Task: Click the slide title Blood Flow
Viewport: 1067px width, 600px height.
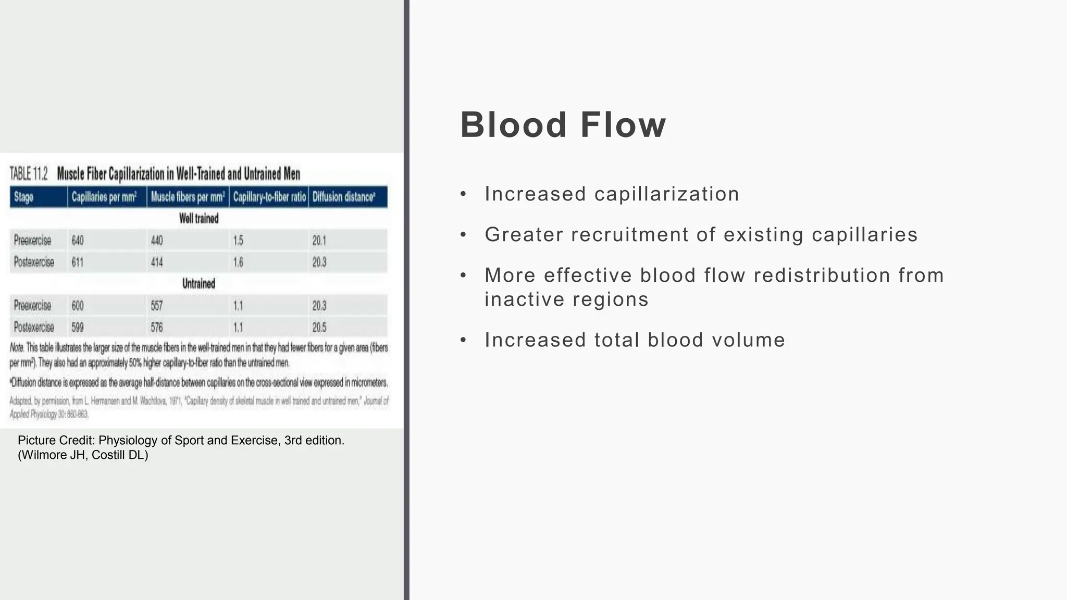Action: pyautogui.click(x=563, y=125)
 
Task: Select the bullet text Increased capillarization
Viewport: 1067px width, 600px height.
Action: pyautogui.click(x=612, y=194)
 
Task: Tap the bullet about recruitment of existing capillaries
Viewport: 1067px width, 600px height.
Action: pyautogui.click(x=701, y=235)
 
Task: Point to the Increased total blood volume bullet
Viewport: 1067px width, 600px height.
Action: pyautogui.click(x=635, y=340)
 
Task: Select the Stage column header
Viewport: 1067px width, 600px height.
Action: pyautogui.click(x=24, y=197)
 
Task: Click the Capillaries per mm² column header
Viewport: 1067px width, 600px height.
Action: pyautogui.click(x=104, y=197)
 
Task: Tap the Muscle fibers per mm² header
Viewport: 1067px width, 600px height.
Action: pyautogui.click(x=188, y=197)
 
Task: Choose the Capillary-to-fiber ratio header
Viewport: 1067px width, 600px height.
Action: pyautogui.click(x=269, y=197)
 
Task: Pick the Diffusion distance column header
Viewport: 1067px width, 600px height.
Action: pyautogui.click(x=344, y=197)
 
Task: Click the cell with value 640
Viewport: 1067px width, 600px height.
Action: pyautogui.click(x=78, y=241)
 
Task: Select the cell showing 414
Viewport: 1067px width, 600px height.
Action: pyautogui.click(x=157, y=262)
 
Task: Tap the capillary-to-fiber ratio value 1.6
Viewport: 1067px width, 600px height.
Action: pyautogui.click(x=238, y=262)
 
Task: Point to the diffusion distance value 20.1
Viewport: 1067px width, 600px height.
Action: pyautogui.click(x=319, y=241)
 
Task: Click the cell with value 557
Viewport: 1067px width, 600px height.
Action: pyautogui.click(x=157, y=306)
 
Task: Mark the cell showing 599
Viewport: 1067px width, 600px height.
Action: pyautogui.click(x=78, y=328)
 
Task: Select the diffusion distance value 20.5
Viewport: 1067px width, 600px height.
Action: pyautogui.click(x=319, y=328)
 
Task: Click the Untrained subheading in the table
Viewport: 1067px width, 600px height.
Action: pyautogui.click(x=198, y=284)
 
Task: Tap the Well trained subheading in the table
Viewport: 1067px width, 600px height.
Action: pyautogui.click(x=198, y=219)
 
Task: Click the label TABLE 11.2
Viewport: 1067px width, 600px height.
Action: pyautogui.click(x=29, y=174)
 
